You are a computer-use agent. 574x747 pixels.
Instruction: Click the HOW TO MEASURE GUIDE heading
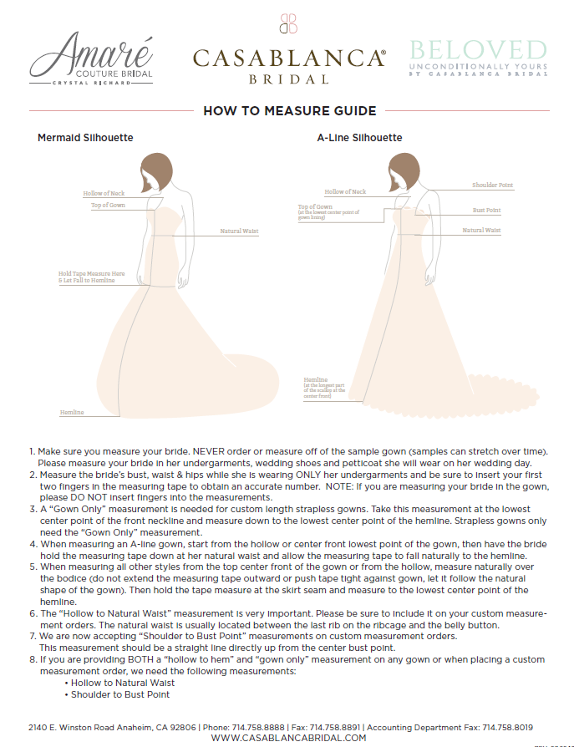(x=290, y=111)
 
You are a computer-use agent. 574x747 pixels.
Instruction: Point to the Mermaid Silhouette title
(x=85, y=137)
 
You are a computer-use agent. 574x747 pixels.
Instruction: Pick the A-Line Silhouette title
(x=359, y=137)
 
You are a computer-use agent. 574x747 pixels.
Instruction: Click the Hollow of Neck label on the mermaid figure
(x=104, y=194)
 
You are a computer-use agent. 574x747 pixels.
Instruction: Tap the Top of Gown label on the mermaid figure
(x=108, y=206)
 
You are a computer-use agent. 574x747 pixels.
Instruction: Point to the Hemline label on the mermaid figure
(x=72, y=413)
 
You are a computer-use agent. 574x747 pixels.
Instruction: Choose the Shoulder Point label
(x=492, y=185)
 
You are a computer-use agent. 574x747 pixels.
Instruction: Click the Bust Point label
(x=487, y=210)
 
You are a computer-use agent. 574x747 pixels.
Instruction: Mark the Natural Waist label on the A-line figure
(x=481, y=230)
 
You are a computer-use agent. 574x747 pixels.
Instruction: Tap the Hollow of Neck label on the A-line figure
(x=345, y=192)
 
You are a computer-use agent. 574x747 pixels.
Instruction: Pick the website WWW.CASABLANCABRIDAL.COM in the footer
(x=288, y=738)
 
